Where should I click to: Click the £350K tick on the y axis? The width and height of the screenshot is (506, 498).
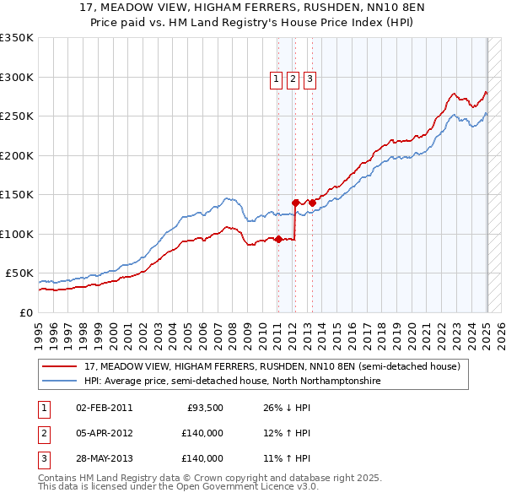17,38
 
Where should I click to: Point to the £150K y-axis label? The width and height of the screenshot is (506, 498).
17,195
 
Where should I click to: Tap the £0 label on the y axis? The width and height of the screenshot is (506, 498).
26,312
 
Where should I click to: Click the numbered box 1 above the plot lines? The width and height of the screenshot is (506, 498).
276,80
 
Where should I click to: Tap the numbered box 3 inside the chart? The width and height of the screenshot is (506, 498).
310,80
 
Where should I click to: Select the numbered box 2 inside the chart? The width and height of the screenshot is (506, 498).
293,80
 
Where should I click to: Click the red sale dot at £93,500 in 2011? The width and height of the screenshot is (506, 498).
278,239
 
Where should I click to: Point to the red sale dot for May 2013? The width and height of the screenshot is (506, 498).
313,203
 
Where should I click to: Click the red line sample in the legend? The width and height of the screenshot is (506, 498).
60,367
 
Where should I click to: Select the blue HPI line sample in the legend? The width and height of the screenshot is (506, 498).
60,382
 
